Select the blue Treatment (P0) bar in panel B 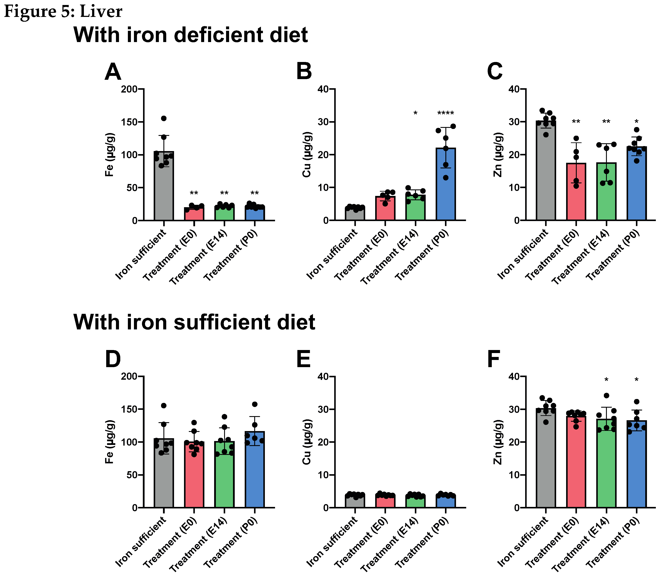tap(446, 187)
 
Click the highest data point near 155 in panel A tap(164, 118)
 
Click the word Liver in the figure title tap(101, 12)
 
